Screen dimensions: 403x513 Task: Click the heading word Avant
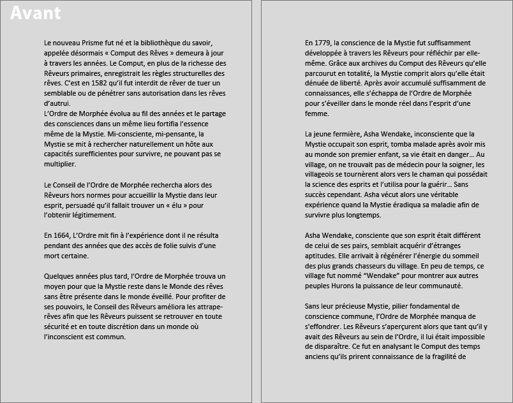click(36, 13)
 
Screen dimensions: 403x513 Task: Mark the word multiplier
click(59, 165)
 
